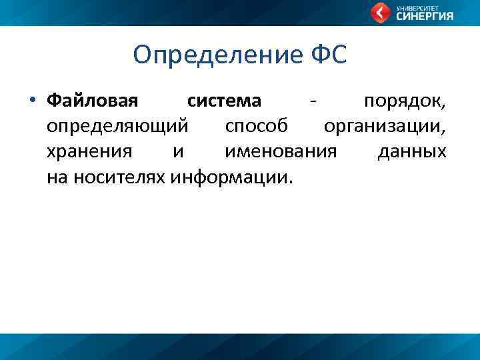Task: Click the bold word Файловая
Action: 92,101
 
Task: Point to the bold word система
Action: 224,101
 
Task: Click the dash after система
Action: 313,101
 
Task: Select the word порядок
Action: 405,101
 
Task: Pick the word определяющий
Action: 117,127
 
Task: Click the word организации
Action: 385,127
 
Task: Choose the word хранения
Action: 89,152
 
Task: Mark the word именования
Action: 281,152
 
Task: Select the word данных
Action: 411,152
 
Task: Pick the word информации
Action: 231,177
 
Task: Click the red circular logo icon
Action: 380,13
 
